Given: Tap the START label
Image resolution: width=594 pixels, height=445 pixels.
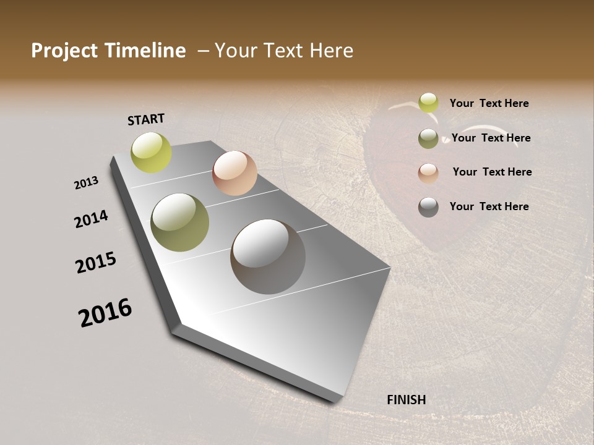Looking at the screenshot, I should pyautogui.click(x=146, y=119).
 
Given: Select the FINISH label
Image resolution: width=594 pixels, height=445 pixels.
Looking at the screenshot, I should pyautogui.click(x=407, y=400).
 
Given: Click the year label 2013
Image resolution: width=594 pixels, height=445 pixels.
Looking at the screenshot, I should pyautogui.click(x=86, y=183).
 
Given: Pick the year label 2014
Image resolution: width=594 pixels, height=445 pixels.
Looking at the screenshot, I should pyautogui.click(x=91, y=219).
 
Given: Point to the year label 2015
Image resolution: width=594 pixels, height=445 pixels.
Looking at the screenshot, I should pyautogui.click(x=96, y=263).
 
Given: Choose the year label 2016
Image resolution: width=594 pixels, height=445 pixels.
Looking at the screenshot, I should pyautogui.click(x=105, y=312).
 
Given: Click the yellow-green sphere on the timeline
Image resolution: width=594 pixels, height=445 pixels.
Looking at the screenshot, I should pyautogui.click(x=152, y=153).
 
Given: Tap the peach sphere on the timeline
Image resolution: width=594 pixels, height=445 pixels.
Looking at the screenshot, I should pyautogui.click(x=235, y=173).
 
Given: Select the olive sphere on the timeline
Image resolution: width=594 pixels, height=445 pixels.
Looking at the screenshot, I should pyautogui.click(x=180, y=222).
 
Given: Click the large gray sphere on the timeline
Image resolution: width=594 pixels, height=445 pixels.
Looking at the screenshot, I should pyautogui.click(x=268, y=256).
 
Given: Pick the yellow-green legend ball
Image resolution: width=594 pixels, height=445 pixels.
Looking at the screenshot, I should pyautogui.click(x=428, y=103).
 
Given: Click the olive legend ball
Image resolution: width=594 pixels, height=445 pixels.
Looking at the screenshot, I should pyautogui.click(x=428, y=138).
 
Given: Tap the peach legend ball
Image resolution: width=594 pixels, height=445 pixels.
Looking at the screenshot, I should pyautogui.click(x=428, y=173).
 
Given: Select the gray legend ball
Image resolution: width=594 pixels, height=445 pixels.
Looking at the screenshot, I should pyautogui.click(x=428, y=207).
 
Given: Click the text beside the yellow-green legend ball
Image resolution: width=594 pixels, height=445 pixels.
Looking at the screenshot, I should pyautogui.click(x=489, y=104).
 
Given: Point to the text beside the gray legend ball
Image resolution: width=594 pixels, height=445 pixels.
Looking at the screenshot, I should pyautogui.click(x=489, y=206).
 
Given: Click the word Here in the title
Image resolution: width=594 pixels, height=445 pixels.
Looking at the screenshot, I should pyautogui.click(x=332, y=51).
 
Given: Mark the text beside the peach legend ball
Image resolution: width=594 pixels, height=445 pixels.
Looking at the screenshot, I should pyautogui.click(x=492, y=172).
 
